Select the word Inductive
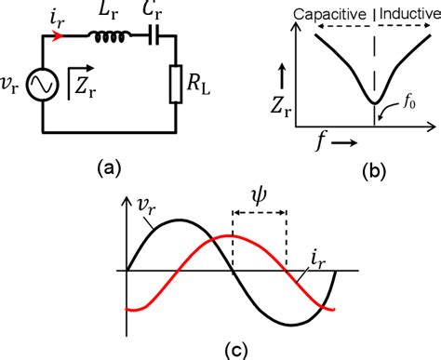coord(407,13)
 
